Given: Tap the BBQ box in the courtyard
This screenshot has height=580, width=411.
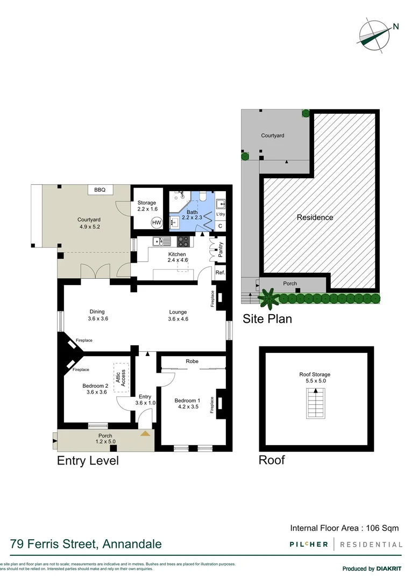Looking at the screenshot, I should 100,190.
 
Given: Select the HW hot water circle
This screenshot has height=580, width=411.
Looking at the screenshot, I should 157,222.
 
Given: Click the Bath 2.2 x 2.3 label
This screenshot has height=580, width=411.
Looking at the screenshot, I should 192,215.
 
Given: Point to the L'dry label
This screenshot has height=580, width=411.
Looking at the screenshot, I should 221,214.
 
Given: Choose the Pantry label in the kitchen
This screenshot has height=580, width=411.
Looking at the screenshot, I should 221,250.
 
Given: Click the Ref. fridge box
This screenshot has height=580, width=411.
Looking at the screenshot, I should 220,273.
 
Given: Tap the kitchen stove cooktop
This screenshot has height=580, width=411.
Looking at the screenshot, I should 183,242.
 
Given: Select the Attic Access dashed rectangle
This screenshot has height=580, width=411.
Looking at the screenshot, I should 123,378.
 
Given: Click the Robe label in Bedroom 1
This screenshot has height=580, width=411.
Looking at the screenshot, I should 192,361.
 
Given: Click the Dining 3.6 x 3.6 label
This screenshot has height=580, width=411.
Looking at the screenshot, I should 97,315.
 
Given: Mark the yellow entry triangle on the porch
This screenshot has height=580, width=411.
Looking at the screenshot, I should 145,432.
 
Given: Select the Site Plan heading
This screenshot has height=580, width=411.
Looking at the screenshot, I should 267,319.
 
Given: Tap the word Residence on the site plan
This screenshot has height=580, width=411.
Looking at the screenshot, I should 315,218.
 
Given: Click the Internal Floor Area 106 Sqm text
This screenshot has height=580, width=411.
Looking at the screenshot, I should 344,528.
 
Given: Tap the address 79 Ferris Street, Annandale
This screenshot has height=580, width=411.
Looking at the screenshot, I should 86,544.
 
